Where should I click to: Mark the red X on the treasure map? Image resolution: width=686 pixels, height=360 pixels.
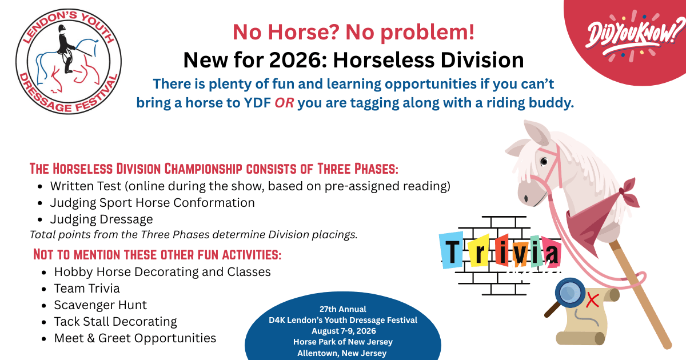click(x=593, y=299)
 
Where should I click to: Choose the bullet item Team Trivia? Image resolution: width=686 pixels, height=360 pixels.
click(x=87, y=289)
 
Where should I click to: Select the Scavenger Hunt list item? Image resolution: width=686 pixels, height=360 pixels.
click(x=101, y=305)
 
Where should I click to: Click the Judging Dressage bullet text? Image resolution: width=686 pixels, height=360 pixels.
click(x=102, y=219)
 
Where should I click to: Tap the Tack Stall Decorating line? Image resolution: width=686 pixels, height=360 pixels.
click(x=115, y=322)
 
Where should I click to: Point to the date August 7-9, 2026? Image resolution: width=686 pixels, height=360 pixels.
click(x=344, y=331)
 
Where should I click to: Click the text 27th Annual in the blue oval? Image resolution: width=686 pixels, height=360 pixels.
click(x=344, y=309)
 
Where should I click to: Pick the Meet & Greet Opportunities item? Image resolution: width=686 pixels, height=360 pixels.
click(x=135, y=338)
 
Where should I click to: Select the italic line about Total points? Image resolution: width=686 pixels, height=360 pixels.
click(x=193, y=235)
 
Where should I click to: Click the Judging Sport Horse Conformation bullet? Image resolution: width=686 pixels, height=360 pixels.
click(x=152, y=203)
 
